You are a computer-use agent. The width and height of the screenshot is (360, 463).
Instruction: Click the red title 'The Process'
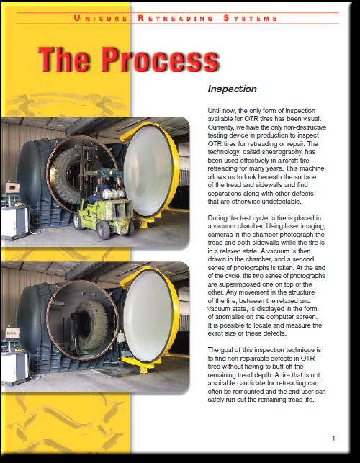click(x=128, y=60)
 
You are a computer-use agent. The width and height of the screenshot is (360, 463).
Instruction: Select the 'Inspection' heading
click(x=232, y=89)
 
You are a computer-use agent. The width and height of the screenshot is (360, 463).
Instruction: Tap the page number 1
click(x=333, y=439)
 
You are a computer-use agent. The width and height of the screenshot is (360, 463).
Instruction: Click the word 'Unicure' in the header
click(x=100, y=18)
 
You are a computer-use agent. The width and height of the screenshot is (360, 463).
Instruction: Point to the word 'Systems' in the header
click(x=251, y=18)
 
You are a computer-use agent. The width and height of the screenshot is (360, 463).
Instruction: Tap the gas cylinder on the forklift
click(x=112, y=194)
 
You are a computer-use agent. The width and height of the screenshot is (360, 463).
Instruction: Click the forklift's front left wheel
click(x=103, y=230)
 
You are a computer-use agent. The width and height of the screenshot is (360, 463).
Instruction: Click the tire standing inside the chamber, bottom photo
click(x=92, y=325)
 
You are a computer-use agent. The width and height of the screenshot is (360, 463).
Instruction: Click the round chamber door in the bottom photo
click(x=150, y=315)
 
